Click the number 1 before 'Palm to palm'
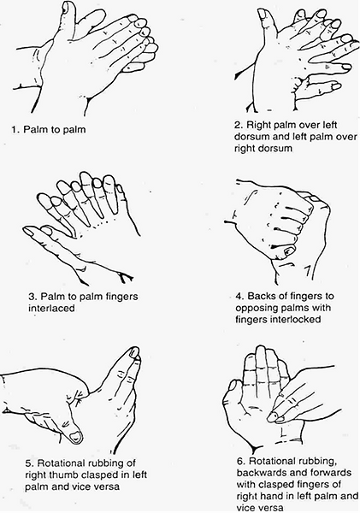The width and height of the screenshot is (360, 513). (14, 130)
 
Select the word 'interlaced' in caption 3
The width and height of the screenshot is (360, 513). (51, 308)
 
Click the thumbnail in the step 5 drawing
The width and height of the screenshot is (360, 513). (76, 436)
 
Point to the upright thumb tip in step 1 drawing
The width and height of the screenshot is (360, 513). (68, 6)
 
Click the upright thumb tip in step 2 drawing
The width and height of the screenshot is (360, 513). (263, 14)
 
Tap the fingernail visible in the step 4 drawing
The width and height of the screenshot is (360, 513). (289, 251)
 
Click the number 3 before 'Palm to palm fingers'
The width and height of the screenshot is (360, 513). (32, 297)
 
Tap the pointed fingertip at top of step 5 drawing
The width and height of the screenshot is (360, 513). (135, 351)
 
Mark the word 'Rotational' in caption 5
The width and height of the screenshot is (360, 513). (62, 463)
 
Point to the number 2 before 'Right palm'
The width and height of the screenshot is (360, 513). (238, 126)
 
